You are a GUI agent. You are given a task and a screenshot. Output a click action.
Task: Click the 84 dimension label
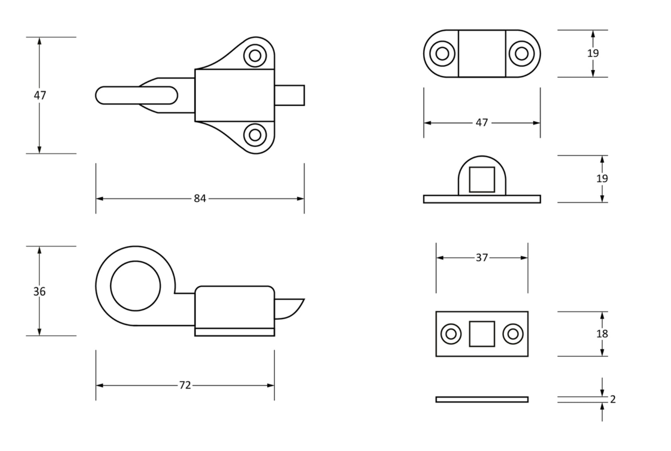200,198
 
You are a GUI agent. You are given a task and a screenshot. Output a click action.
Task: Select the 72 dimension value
185,385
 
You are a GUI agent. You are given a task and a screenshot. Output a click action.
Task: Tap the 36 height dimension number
39,291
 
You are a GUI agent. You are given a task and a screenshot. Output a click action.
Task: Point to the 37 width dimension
482,258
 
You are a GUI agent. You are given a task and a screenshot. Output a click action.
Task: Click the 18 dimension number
602,334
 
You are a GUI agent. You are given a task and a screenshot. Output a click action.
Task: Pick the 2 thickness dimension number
613,399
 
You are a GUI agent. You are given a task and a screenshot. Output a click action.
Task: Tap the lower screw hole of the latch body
255,135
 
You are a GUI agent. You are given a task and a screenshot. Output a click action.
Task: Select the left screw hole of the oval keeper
442,53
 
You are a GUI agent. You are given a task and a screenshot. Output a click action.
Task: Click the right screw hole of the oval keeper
522,53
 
